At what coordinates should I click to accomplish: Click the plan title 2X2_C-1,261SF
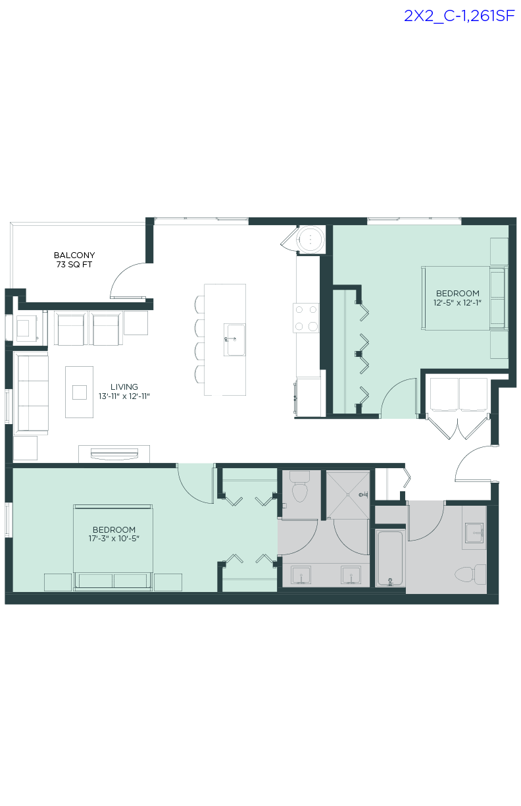[459, 16]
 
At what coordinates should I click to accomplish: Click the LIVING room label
[124, 387]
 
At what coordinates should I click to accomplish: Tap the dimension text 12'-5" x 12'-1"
[457, 303]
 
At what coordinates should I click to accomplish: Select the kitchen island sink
[235, 340]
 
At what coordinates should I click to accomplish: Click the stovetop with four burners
[306, 317]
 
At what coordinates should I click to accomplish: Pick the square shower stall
[348, 494]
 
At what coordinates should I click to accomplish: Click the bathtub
[389, 557]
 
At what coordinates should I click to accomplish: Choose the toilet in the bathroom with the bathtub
[472, 574]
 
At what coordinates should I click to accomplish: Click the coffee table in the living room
[79, 392]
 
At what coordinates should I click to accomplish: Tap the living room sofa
[31, 393]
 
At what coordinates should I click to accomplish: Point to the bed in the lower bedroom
[113, 547]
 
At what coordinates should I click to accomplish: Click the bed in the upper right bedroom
[464, 298]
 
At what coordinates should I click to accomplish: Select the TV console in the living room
[114, 454]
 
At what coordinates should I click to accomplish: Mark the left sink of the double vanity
[301, 575]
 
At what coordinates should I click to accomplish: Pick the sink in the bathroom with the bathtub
[474, 532]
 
